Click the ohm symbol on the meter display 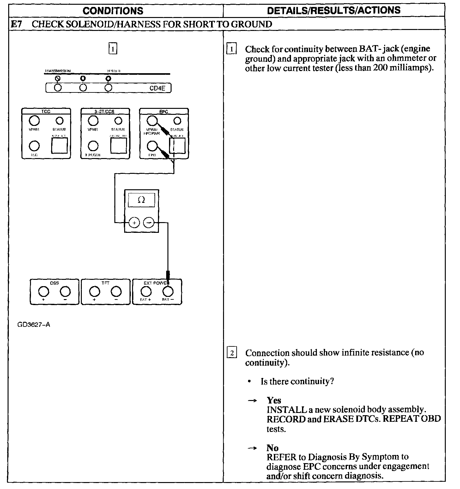[x=142, y=200]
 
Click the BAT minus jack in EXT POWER [x=168, y=291]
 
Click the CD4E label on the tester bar [x=157, y=88]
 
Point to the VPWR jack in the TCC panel [x=34, y=121]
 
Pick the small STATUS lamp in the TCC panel [x=59, y=121]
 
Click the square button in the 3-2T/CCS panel [x=118, y=145]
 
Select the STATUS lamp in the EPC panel [x=177, y=121]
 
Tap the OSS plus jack [x=44, y=291]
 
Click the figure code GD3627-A [x=34, y=325]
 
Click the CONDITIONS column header [x=113, y=11]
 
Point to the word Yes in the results [x=274, y=400]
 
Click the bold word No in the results [x=272, y=448]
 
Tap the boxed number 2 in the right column [x=232, y=353]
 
